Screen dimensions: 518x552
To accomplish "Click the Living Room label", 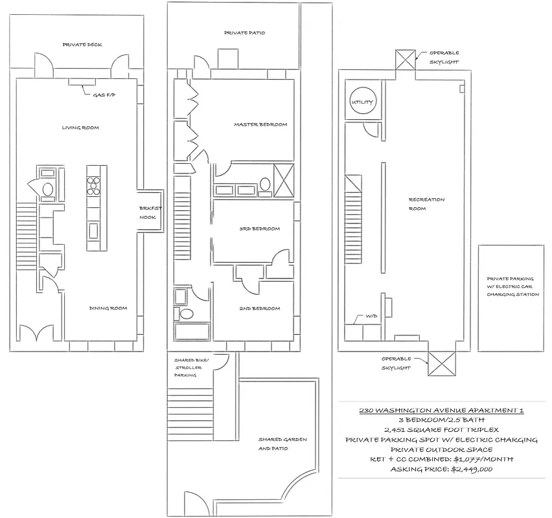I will pos(80,128).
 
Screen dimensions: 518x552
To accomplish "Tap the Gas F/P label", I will pos(103,94).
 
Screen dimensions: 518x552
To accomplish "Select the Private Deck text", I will pos(82,45).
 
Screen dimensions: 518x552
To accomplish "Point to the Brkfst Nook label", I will pos(148,213).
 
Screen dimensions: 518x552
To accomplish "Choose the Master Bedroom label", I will pos(260,124).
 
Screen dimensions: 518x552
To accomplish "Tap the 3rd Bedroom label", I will pos(259,229).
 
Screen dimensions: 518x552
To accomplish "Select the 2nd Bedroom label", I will pos(259,308).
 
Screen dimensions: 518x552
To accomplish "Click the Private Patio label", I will pos(244,32).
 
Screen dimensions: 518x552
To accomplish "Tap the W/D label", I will pos(371,317).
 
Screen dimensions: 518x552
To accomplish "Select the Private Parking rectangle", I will pos(511,298).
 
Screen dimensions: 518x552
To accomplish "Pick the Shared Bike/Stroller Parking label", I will pos(189,367).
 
